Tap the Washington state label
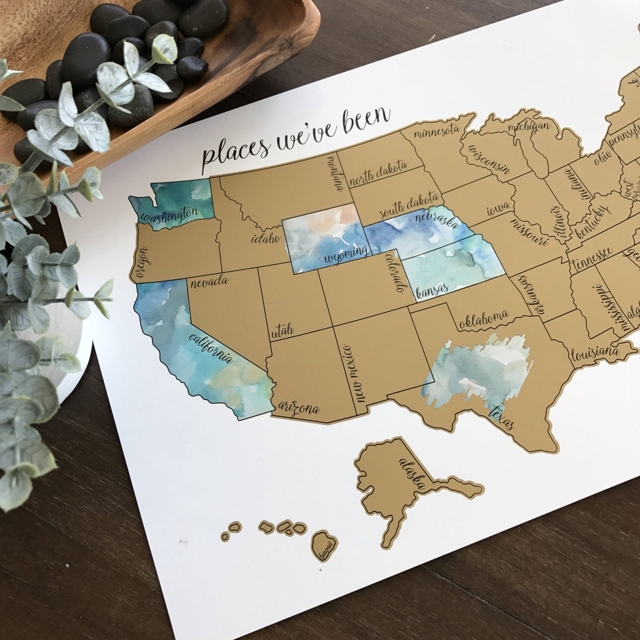(169, 214)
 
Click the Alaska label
(412, 474)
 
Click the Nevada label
(209, 282)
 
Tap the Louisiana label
(594, 353)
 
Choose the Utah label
(282, 331)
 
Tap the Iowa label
(498, 207)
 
